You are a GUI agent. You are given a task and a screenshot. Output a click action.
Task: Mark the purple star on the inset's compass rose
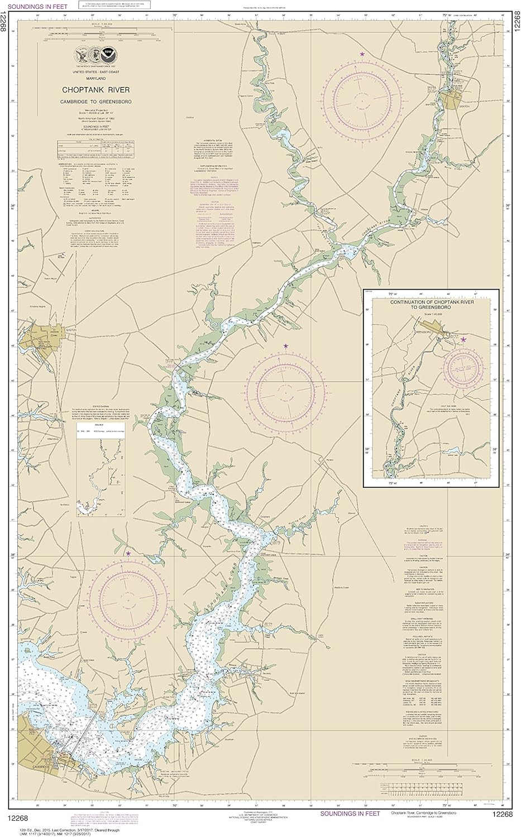point(463,338)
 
